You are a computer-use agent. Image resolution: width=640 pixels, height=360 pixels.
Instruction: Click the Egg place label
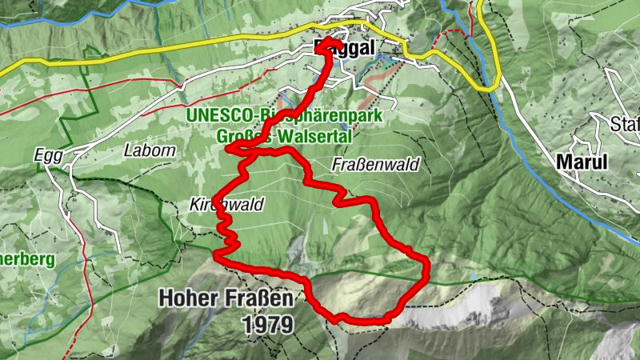click(x=47, y=154)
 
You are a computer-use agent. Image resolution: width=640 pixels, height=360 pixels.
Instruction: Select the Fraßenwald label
click(x=375, y=164)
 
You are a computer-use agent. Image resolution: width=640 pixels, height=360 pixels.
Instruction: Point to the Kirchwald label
click(x=227, y=204)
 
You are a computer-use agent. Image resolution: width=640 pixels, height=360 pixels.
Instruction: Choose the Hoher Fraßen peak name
click(x=226, y=298)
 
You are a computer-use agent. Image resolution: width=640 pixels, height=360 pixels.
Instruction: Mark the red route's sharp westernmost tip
click(x=228, y=148)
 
